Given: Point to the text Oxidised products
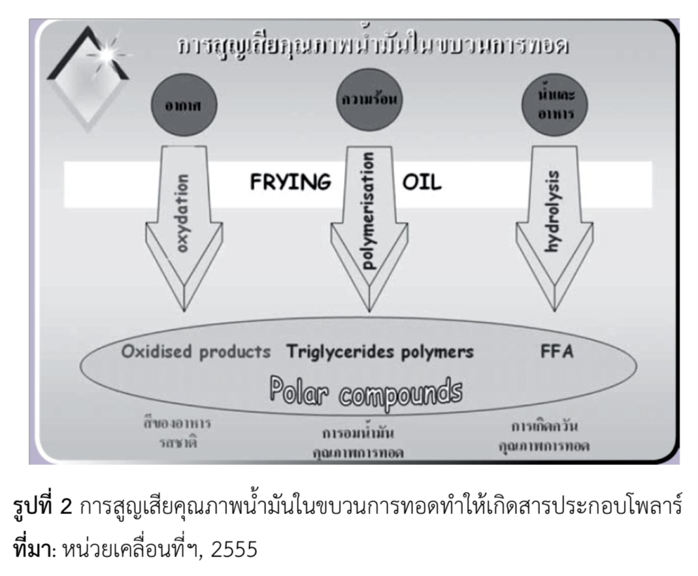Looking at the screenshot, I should point(196,352).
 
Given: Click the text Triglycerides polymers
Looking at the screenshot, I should point(380,352).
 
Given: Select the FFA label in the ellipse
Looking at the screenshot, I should point(549,352).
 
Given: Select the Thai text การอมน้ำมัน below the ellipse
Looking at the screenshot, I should point(362,432).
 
